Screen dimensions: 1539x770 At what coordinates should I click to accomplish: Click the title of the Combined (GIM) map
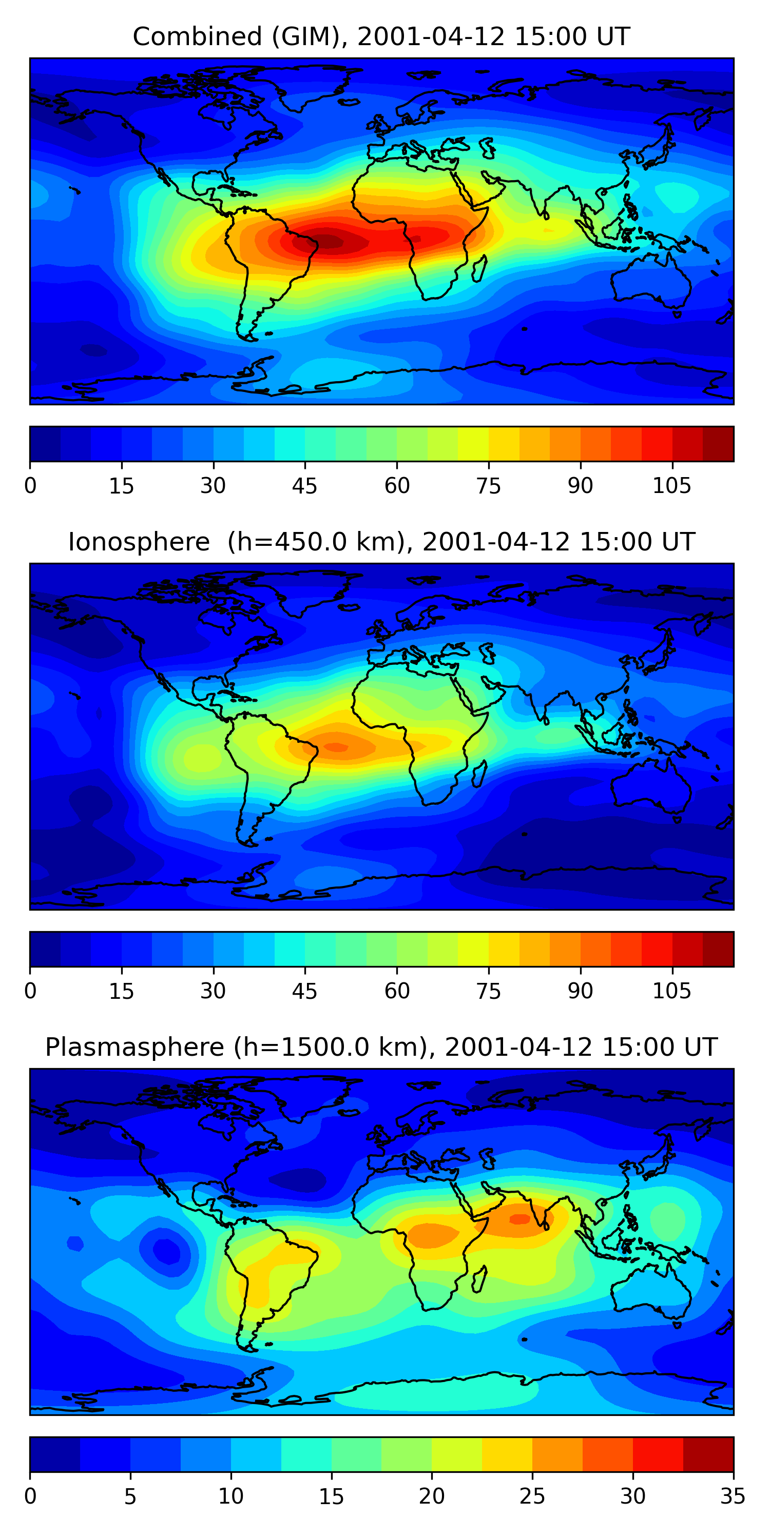coord(381,37)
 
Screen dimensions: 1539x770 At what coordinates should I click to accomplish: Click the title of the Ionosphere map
coord(381,542)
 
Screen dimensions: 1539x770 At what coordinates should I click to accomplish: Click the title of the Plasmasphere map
coord(381,1048)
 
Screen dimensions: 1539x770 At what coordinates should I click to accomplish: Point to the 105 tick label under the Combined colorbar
coord(671,486)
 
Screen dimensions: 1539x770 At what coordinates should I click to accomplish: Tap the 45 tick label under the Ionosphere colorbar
coord(304,992)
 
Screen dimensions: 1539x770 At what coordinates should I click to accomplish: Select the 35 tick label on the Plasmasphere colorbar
coord(733,1496)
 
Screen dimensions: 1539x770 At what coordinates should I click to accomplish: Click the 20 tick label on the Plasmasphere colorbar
coord(432,1496)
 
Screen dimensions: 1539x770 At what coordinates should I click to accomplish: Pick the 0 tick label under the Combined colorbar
coord(30,486)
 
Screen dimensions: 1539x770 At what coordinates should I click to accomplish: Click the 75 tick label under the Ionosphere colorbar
coord(488,992)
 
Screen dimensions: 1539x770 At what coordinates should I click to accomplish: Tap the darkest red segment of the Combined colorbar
coord(718,444)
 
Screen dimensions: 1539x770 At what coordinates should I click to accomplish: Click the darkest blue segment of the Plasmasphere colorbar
coord(55,1454)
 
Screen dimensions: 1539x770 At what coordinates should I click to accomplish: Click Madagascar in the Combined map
coord(479,269)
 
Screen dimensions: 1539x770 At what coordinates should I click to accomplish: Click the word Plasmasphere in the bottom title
coord(134,1048)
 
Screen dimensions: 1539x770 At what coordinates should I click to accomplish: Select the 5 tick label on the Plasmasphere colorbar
coord(130,1496)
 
